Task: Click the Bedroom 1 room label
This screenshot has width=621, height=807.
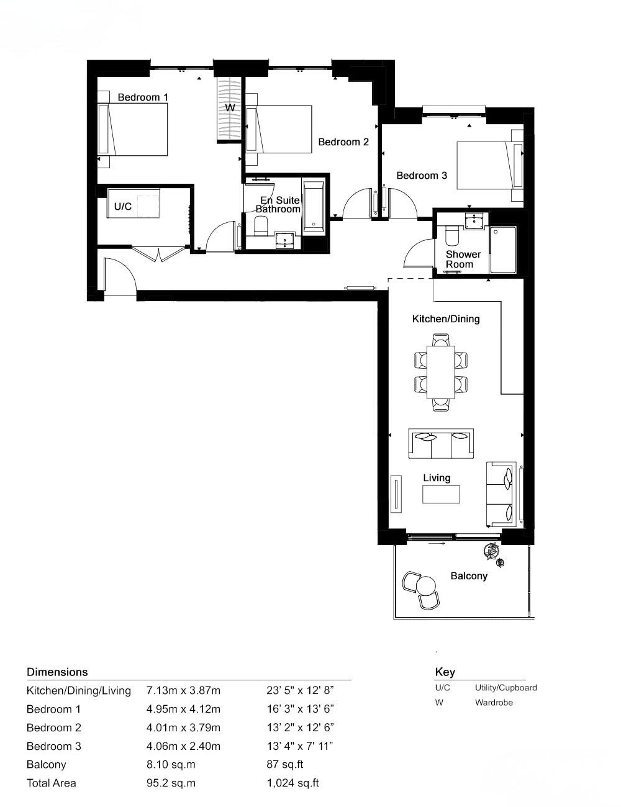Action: click(143, 97)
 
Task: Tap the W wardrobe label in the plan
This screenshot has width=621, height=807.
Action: click(230, 107)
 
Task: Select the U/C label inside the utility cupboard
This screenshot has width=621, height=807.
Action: click(122, 206)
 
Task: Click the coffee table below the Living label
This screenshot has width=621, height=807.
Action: click(442, 494)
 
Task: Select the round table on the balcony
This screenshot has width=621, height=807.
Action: click(427, 585)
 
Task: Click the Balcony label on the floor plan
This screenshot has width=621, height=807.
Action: click(469, 576)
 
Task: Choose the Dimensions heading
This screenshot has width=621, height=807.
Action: click(57, 672)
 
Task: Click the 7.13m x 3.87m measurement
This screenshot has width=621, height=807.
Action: click(183, 690)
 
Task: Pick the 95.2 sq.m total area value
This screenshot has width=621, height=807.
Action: click(171, 783)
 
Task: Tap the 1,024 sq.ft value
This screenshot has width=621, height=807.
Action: click(292, 783)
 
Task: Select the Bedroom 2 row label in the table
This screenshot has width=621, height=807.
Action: click(54, 728)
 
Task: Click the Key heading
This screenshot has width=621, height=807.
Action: click(445, 672)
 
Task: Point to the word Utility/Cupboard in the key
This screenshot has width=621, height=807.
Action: click(505, 688)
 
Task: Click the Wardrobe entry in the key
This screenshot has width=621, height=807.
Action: click(494, 703)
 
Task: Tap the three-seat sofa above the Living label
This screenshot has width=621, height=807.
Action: click(441, 444)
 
